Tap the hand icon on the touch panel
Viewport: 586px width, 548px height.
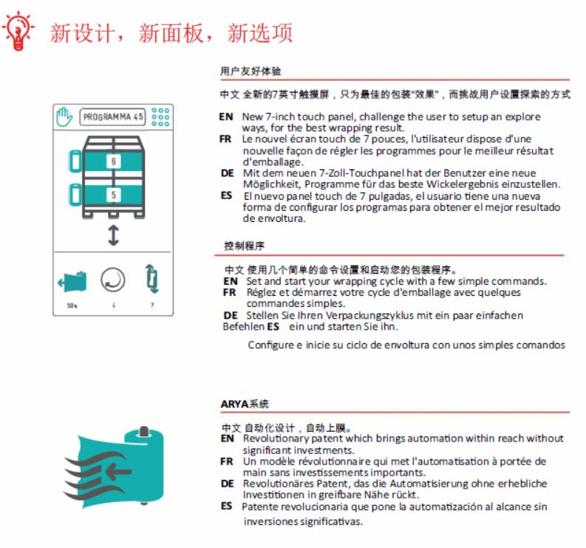coord(64,118)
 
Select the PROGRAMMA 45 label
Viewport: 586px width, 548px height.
coord(112,118)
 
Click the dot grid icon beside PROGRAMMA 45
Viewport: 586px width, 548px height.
coord(160,118)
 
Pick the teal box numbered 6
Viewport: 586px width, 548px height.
coord(113,160)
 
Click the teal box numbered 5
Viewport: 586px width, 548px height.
coord(113,195)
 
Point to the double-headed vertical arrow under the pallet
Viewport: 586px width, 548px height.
coord(113,236)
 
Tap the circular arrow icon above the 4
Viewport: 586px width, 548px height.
coord(113,280)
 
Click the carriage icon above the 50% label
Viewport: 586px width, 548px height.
coord(72,280)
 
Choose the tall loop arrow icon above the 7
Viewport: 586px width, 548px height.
coord(151,280)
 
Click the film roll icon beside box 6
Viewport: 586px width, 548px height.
coord(73,160)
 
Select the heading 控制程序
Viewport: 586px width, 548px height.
coord(244,245)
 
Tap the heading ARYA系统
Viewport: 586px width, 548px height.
coord(245,404)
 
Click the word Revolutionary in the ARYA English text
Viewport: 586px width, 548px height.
coord(272,439)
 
